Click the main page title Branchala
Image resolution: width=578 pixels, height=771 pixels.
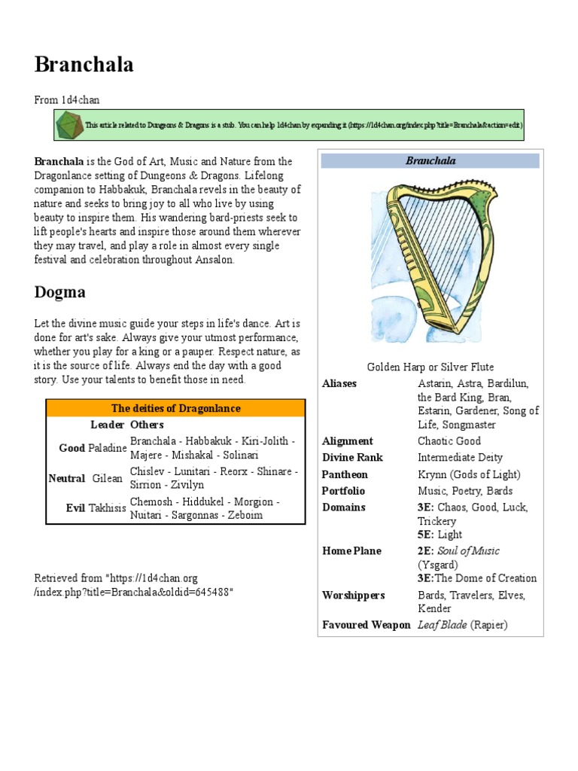(84, 65)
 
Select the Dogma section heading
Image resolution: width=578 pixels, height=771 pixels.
(60, 292)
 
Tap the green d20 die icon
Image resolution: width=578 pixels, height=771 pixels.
(70, 123)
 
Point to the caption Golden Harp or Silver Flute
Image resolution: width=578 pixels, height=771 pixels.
(430, 367)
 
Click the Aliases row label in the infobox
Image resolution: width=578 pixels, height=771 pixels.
(339, 383)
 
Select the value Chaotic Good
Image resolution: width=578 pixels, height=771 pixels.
(449, 441)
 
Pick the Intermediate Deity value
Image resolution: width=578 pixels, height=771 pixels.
(460, 458)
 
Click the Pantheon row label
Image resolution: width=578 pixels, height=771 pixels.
(345, 474)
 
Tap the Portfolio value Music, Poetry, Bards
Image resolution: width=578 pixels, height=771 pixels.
(465, 491)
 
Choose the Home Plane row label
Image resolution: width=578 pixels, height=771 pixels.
(351, 551)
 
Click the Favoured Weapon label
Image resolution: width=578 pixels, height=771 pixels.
(366, 625)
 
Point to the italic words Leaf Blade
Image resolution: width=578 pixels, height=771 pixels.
(443, 625)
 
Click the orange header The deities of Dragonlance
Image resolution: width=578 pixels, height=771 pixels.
(176, 408)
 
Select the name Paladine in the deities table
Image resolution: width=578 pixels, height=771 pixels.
(106, 448)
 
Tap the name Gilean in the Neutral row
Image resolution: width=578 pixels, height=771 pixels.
(107, 478)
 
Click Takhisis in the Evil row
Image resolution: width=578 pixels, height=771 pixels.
(107, 508)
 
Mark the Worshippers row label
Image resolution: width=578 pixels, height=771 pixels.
(353, 596)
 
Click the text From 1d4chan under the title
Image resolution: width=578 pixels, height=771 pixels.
(67, 100)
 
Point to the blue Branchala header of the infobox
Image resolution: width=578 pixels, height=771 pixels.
(430, 160)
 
